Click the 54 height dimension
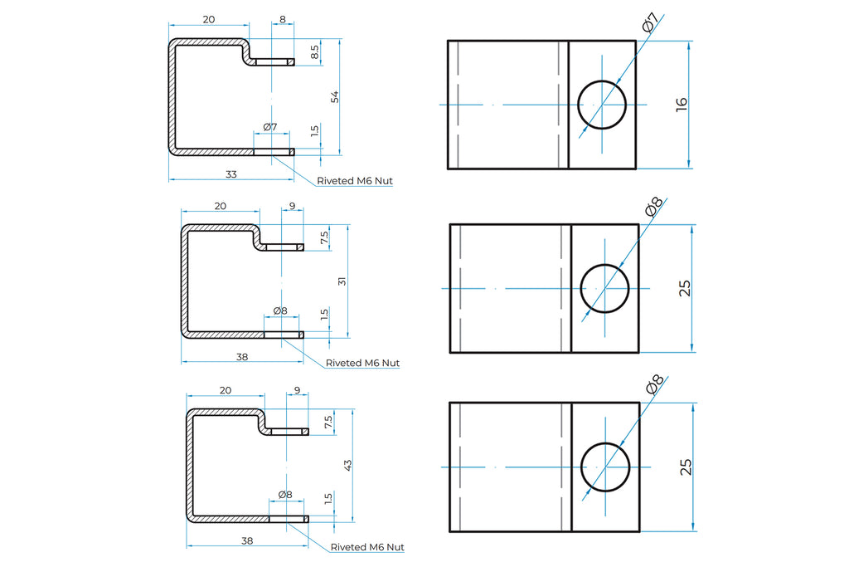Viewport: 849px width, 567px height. (335, 96)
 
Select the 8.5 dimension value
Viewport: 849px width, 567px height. (314, 52)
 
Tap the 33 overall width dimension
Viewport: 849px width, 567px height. (230, 174)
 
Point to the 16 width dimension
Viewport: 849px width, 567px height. (681, 104)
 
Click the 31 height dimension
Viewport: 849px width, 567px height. (342, 281)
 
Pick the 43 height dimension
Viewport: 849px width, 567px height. (347, 466)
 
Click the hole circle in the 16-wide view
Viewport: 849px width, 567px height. (602, 105)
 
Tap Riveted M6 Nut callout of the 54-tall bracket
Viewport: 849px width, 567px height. (354, 180)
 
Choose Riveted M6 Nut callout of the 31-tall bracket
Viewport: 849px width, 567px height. (362, 363)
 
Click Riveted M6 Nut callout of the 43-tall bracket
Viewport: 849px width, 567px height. (367, 547)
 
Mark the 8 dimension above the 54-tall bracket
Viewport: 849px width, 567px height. (283, 19)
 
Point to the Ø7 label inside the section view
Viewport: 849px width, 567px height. (269, 126)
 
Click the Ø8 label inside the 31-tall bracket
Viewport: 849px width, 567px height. (279, 310)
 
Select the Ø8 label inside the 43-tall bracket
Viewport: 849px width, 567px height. (284, 494)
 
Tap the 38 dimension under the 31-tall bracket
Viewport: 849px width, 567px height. (241, 357)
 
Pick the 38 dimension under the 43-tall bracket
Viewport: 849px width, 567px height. (246, 540)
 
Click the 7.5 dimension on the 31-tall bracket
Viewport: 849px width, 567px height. (324, 237)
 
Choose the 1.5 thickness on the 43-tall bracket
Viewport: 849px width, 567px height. (328, 499)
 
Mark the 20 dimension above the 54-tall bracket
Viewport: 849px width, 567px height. (209, 19)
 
